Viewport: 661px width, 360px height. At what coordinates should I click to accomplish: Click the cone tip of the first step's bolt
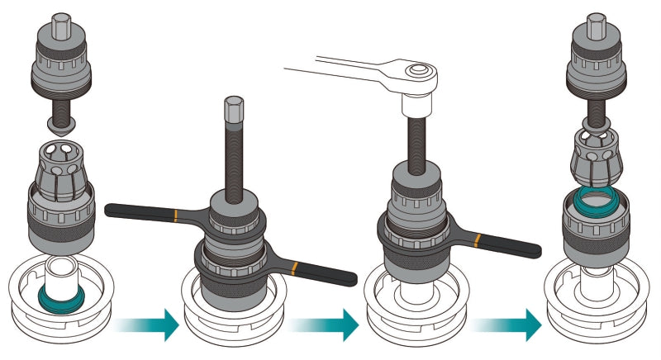click(x=59, y=126)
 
